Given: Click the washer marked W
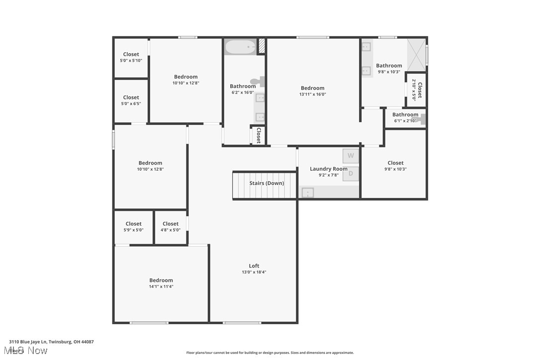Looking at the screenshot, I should [x=351, y=156].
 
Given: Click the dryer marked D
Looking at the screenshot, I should [x=351, y=174].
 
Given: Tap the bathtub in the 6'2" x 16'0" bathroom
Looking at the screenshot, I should [x=241, y=47].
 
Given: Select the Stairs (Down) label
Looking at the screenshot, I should [x=267, y=183].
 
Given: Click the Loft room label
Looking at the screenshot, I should [x=254, y=266].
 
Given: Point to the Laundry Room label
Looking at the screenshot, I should [x=329, y=169].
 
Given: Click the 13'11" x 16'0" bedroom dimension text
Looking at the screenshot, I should [x=312, y=94].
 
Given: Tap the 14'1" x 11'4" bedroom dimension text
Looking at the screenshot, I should [x=161, y=286].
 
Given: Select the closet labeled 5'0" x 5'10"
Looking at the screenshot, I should [x=131, y=57].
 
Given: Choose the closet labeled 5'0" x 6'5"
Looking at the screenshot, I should [x=131, y=100].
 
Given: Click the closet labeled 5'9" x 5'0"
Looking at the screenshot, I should [x=133, y=227].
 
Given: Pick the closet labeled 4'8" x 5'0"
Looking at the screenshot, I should [x=170, y=227].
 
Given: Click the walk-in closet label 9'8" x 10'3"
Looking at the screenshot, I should [x=395, y=166].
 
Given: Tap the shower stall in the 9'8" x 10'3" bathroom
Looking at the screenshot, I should [x=417, y=55].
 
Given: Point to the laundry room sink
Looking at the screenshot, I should [x=308, y=192].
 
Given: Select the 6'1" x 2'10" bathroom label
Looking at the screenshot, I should [x=405, y=117].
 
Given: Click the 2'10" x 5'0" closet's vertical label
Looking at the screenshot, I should [x=417, y=90].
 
